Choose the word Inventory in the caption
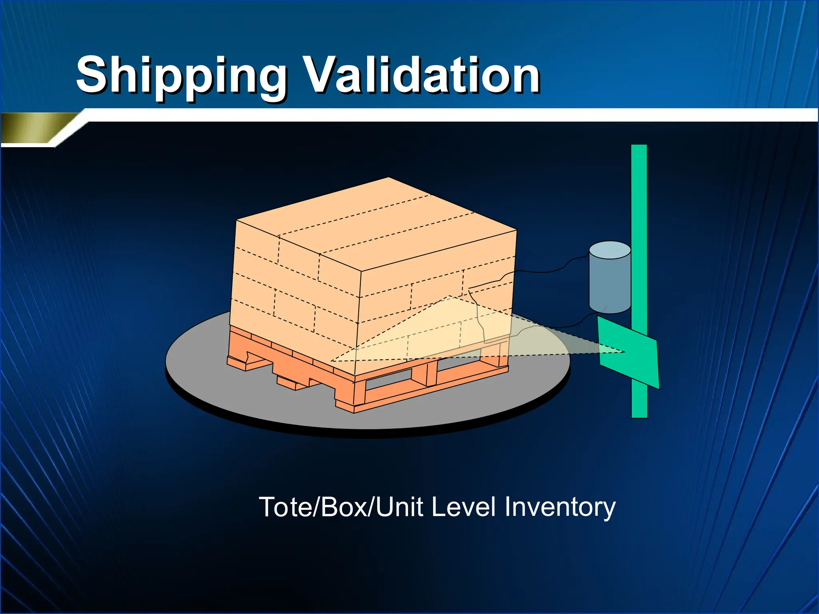coord(560,508)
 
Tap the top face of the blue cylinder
coord(610,250)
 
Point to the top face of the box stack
coord(376,224)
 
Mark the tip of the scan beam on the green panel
coord(624,352)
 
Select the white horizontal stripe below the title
coord(440,115)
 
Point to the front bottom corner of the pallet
coord(354,412)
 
